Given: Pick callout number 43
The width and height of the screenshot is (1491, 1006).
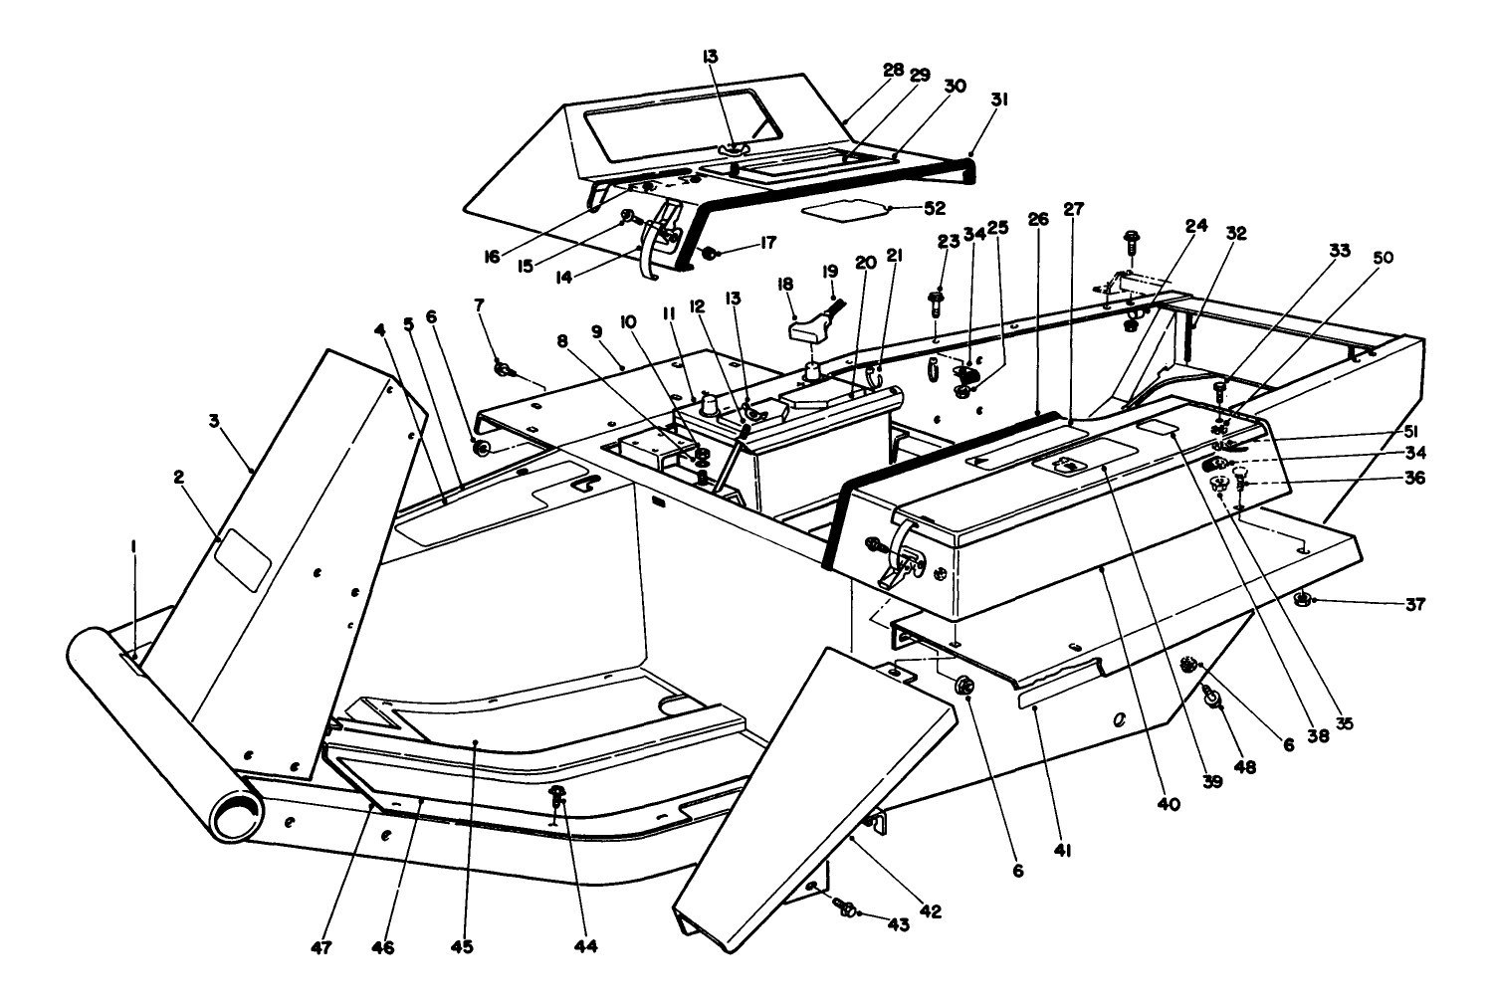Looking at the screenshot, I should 899,924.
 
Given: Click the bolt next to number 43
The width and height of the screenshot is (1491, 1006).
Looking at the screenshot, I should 847,907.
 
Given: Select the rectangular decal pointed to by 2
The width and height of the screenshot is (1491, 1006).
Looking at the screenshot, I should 244,555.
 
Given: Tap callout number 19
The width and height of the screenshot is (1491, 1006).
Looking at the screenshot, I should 831,270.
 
